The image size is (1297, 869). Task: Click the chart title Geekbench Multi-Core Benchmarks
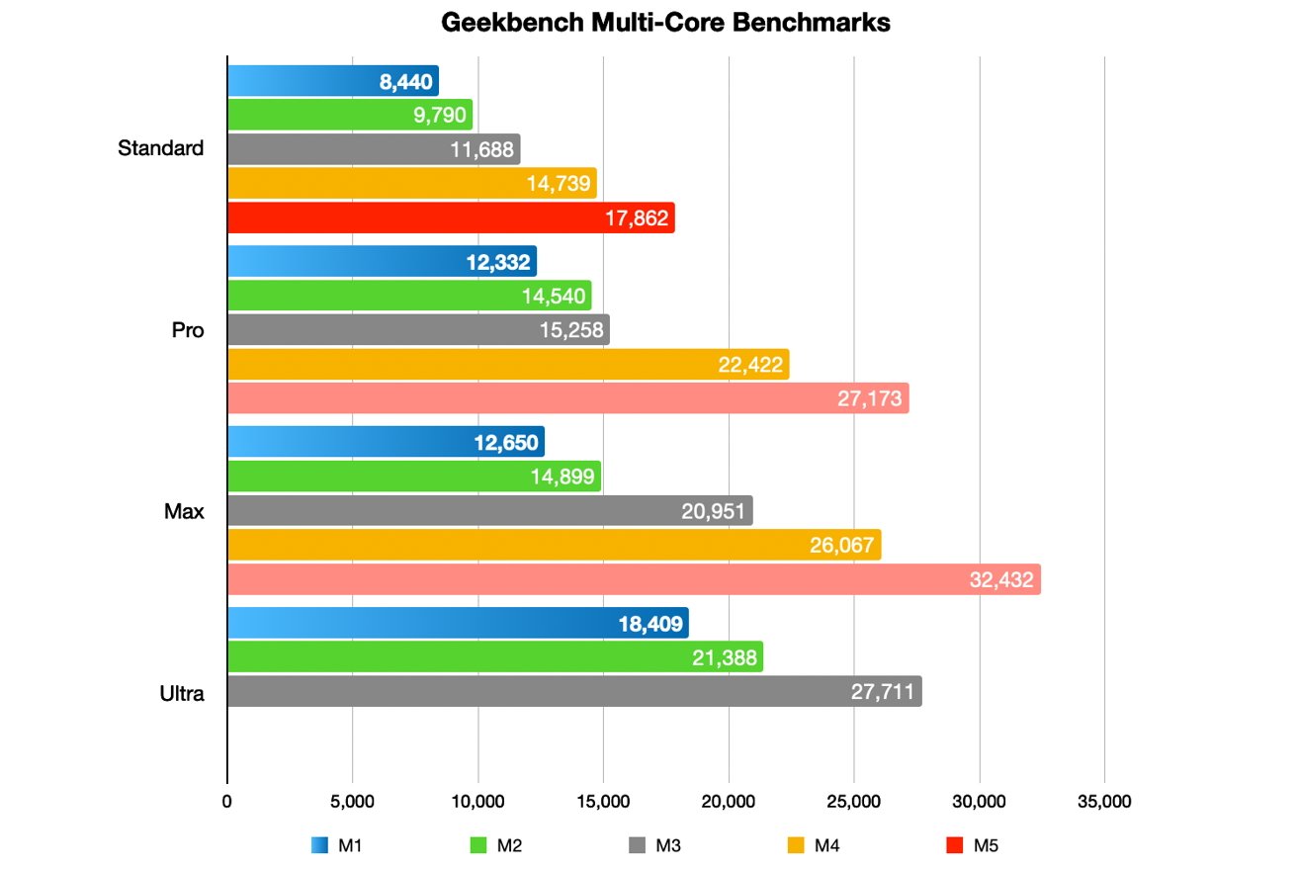point(665,24)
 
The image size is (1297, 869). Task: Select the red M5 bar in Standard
point(450,217)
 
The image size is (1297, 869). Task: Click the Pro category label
point(188,330)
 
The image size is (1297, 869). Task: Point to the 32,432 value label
point(1001,579)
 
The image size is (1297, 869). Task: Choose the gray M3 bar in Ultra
point(573,691)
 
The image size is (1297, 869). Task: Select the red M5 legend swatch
point(954,845)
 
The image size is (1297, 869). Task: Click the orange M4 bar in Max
point(554,545)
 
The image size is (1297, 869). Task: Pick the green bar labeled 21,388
point(494,656)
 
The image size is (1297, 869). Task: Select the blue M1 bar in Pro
point(382,262)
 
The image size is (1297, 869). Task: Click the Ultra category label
point(182,694)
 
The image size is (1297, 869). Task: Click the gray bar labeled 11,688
point(373,149)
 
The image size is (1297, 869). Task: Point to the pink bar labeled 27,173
point(567,399)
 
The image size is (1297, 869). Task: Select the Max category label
point(186,512)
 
